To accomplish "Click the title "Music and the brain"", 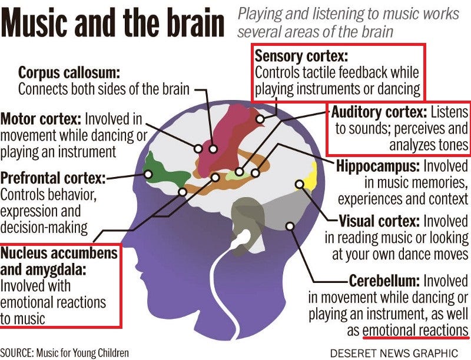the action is click(x=112, y=22).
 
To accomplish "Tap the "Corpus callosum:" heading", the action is click(x=69, y=73).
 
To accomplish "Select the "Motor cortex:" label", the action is click(x=41, y=119).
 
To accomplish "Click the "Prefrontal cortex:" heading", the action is click(x=53, y=178).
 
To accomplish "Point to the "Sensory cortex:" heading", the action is click(x=301, y=56).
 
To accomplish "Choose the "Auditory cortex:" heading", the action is click(x=379, y=112).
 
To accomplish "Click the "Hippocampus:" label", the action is click(x=378, y=166).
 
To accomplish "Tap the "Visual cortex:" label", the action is click(x=379, y=221).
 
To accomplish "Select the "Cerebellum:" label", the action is click(x=384, y=281).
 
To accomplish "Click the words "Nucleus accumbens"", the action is click(x=59, y=253).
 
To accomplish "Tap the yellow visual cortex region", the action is click(x=310, y=178).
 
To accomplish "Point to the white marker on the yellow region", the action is click(x=300, y=185).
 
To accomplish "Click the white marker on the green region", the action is click(x=148, y=174).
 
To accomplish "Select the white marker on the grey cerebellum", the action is click(x=290, y=226).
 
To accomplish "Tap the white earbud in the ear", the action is click(x=242, y=238).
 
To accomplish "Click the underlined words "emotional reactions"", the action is click(x=416, y=331).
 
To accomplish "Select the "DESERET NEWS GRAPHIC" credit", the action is click(x=394, y=353).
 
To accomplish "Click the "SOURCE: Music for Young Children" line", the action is click(x=65, y=353).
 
